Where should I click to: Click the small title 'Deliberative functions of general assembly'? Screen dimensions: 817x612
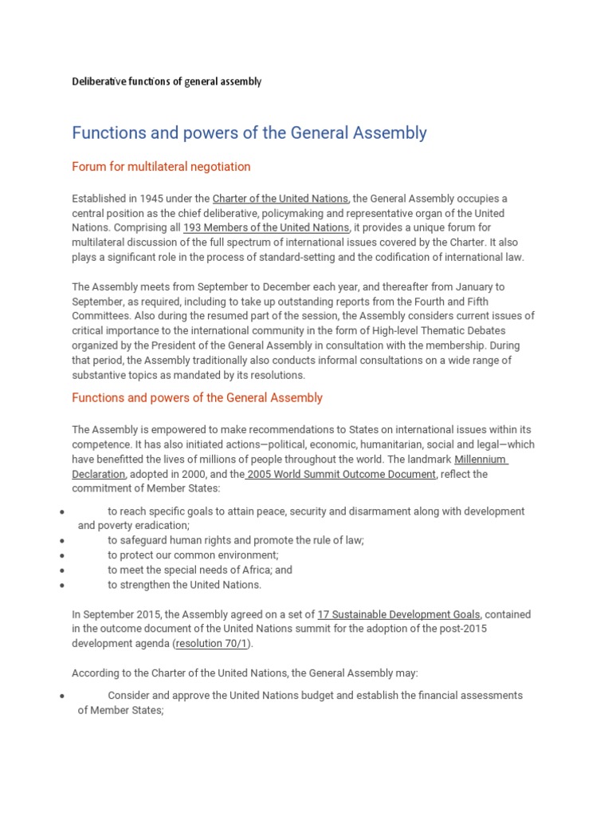coord(167,81)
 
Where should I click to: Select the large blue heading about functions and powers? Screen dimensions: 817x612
coord(249,132)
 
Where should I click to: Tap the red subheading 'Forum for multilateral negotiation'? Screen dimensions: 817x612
coord(161,167)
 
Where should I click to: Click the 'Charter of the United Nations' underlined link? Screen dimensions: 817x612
coord(280,198)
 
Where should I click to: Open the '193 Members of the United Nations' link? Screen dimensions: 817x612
coord(266,227)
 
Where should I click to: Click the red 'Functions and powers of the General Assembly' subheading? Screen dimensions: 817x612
coord(197,397)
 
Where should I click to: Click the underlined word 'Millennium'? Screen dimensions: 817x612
coord(481,460)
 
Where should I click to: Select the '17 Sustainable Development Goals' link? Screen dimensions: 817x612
coord(398,614)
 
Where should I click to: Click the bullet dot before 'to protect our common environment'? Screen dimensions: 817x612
coord(61,555)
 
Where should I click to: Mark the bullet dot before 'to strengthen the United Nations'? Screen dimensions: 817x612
coord(61,585)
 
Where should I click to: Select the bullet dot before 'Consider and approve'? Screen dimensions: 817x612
coord(61,696)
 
